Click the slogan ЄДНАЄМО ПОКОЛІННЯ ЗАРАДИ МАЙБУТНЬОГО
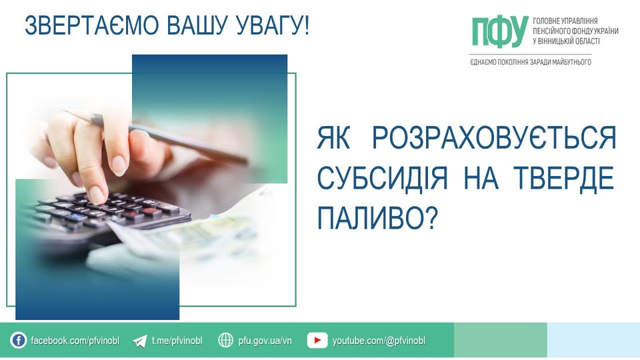[x=531, y=61]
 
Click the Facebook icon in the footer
[x=18, y=341]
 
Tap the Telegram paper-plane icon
[x=139, y=341]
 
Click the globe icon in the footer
[x=226, y=341]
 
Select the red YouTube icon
[x=317, y=341]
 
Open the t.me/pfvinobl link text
[x=176, y=341]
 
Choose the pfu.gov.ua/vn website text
[x=265, y=341]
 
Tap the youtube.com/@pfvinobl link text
[x=379, y=341]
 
